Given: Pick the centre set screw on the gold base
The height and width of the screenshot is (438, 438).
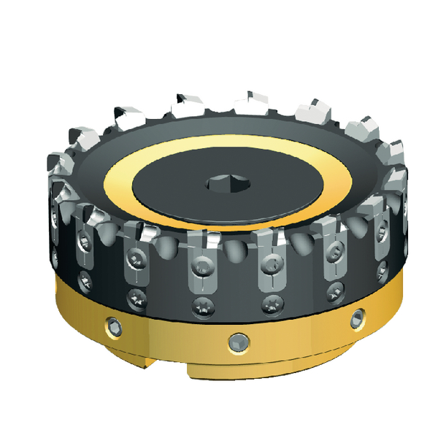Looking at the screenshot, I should click(x=236, y=341).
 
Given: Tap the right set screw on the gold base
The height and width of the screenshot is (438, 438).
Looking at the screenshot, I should click(x=356, y=318).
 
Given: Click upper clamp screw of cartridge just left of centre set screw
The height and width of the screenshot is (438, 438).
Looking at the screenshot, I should click(x=202, y=261).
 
